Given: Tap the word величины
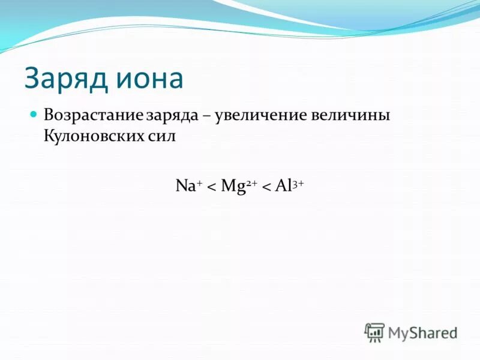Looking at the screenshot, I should pyautogui.click(x=350, y=114).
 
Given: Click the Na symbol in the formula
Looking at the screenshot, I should pyautogui.click(x=184, y=185).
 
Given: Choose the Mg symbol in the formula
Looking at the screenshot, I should pyautogui.click(x=231, y=186).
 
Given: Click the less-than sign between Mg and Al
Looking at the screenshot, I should pyautogui.click(x=266, y=187).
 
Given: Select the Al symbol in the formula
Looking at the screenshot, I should pyautogui.click(x=282, y=185).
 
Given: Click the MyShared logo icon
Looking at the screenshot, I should pyautogui.click(x=374, y=332).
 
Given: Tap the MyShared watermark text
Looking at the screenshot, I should pyautogui.click(x=422, y=332).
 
